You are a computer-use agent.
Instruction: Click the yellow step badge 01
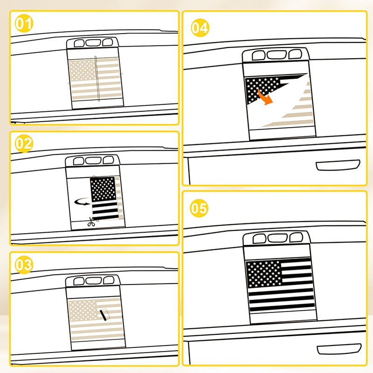point(24,23)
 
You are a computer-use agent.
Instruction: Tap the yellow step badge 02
point(24,144)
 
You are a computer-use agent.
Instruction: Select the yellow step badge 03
point(24,264)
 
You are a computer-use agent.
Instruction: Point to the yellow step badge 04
point(200,28)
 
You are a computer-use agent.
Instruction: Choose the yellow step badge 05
point(199,208)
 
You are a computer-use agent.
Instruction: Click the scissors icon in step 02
point(90,222)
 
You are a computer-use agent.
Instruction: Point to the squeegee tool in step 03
point(104,314)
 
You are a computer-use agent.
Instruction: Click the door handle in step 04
point(338,165)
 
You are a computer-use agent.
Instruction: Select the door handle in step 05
point(339,349)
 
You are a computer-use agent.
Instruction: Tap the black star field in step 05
point(264,274)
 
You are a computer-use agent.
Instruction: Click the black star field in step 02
point(103,189)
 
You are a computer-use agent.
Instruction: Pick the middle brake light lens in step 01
point(93,43)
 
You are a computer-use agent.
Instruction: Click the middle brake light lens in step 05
point(277,238)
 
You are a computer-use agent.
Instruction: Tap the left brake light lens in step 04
point(259,55)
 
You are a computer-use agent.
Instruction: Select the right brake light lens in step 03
point(109,280)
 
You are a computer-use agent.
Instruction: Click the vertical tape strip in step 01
point(97,79)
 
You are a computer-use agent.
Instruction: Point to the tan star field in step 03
point(83,311)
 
